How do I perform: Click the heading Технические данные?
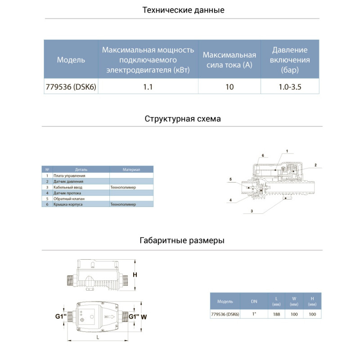(x=183, y=10)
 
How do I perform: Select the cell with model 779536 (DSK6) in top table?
(x=71, y=87)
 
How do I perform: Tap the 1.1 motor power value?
(x=148, y=87)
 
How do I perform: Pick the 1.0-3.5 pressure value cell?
(x=290, y=87)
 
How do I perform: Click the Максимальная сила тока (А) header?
(x=229, y=60)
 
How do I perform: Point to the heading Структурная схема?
(x=183, y=119)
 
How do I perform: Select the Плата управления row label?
(x=69, y=175)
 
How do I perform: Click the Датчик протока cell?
(x=67, y=193)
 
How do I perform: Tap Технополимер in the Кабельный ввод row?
(x=123, y=187)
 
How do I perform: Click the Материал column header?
(x=131, y=170)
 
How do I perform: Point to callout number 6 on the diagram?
(x=263, y=155)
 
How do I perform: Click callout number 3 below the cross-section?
(x=252, y=211)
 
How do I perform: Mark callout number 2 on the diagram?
(x=315, y=165)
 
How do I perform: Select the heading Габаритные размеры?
(x=182, y=240)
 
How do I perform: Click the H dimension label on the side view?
(x=135, y=274)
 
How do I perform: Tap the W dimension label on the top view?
(x=144, y=317)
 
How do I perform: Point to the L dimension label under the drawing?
(x=98, y=337)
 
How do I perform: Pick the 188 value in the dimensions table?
(x=276, y=314)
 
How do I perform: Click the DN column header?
(x=254, y=301)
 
